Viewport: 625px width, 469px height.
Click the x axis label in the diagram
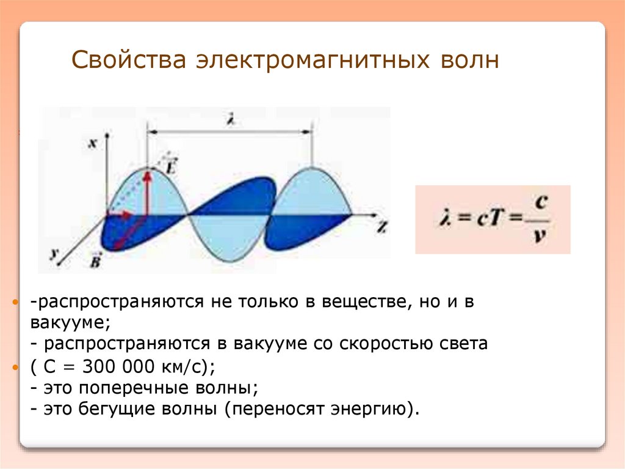coord(93,143)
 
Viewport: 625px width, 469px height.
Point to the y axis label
coord(55,253)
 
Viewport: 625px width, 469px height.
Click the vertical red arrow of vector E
coord(147,192)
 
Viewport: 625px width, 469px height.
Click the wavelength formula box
coord(493,220)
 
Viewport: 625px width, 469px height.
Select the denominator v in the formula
coord(538,235)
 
